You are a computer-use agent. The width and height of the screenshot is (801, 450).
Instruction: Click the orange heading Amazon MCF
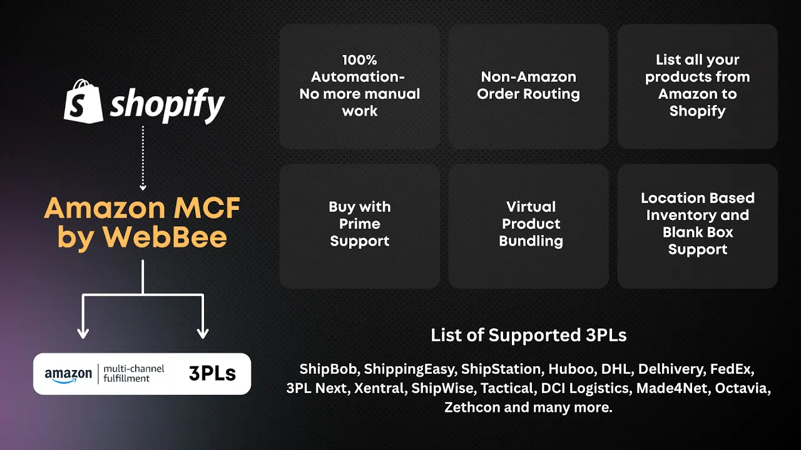click(142, 208)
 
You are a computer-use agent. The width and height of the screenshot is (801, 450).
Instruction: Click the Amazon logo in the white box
click(68, 374)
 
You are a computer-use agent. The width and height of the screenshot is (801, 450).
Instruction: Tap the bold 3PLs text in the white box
click(212, 374)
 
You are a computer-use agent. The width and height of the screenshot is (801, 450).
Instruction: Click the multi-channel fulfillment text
click(134, 374)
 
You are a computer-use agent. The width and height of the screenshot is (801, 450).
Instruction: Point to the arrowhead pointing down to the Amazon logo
click(83, 333)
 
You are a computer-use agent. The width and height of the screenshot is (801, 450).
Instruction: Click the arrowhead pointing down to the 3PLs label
click(202, 333)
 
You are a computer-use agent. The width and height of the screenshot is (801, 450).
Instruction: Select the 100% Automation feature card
click(360, 86)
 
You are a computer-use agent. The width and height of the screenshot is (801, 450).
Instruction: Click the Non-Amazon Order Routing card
click(529, 86)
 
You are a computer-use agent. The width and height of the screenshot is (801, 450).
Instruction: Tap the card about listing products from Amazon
click(698, 86)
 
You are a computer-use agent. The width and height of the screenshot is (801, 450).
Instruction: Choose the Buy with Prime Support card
click(360, 225)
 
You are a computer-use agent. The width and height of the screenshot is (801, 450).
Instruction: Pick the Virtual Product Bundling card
click(529, 225)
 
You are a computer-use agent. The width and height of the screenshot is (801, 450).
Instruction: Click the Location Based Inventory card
click(698, 225)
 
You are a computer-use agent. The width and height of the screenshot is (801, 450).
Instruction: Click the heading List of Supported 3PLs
click(529, 336)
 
